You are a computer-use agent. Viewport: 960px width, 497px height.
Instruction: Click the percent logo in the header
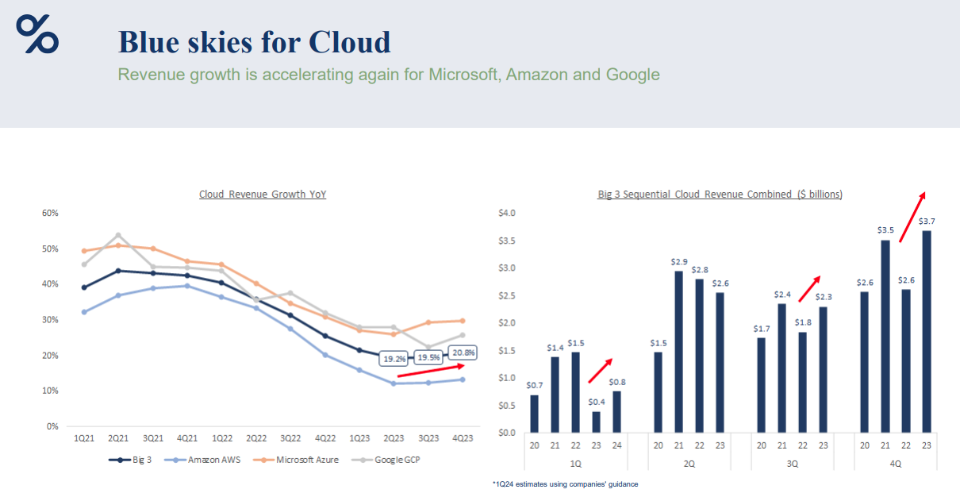click(x=37, y=34)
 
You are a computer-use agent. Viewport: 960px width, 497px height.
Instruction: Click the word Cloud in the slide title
click(x=349, y=42)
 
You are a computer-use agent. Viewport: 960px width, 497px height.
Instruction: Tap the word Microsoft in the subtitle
click(x=463, y=75)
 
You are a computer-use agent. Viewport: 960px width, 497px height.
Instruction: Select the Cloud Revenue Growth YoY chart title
click(x=263, y=194)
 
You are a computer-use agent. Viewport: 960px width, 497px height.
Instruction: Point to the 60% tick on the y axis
click(x=50, y=213)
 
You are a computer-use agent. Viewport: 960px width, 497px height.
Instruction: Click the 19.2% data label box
click(x=395, y=358)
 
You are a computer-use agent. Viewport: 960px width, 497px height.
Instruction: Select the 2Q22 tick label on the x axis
click(x=255, y=438)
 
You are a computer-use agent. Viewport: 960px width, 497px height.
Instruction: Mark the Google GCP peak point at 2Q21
click(x=118, y=235)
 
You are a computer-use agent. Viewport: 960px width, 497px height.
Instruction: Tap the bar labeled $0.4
click(x=596, y=422)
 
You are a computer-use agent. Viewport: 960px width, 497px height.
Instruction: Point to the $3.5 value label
click(x=885, y=230)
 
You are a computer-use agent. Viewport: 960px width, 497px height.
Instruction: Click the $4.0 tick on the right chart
click(x=506, y=213)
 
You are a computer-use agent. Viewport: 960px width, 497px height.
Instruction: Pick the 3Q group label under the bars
click(x=791, y=463)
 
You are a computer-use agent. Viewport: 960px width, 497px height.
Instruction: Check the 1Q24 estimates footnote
click(x=565, y=484)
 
